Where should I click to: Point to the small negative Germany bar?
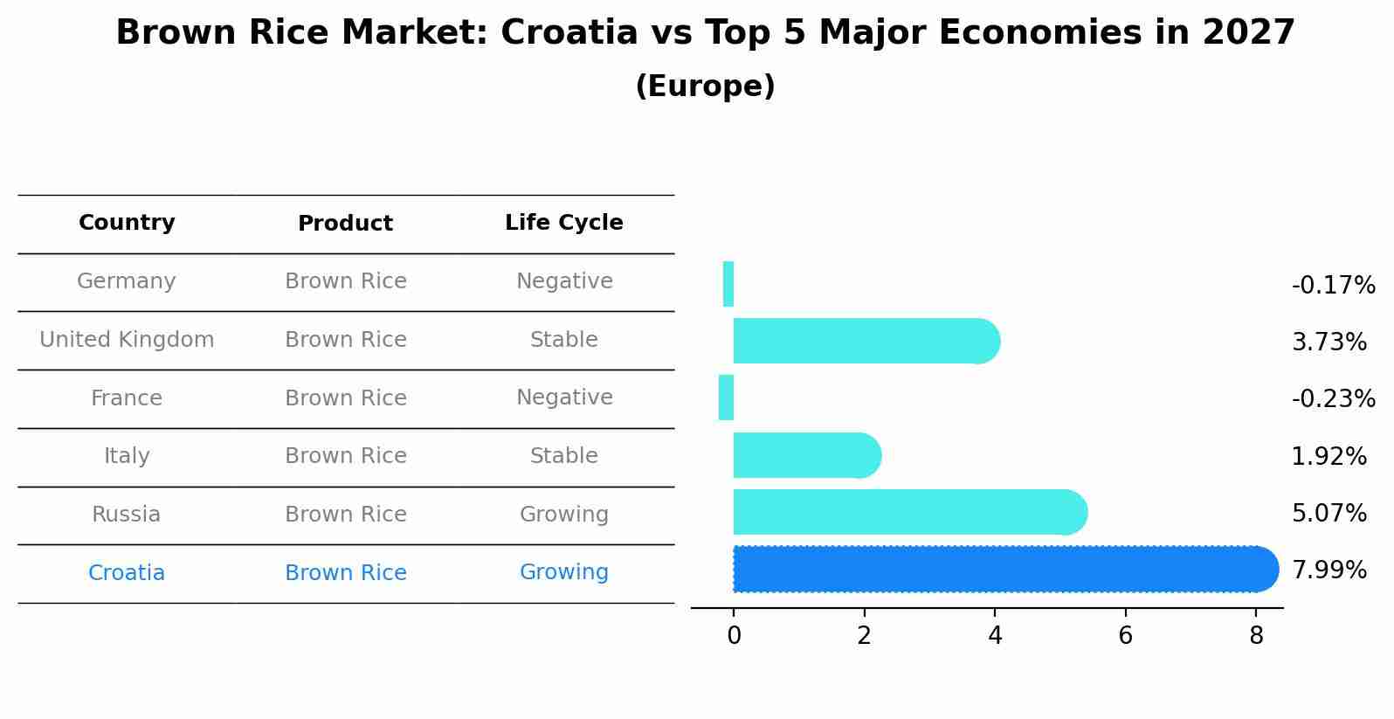click(x=728, y=284)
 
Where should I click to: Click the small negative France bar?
click(x=726, y=398)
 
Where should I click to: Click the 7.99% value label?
click(x=1328, y=570)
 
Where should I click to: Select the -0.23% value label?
click(x=1333, y=399)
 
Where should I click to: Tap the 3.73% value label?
click(x=1328, y=342)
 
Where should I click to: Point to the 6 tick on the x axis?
click(x=1125, y=636)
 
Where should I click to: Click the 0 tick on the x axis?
click(x=734, y=636)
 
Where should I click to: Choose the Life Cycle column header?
click(x=564, y=224)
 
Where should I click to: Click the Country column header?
click(x=127, y=224)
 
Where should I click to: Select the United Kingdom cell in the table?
click(x=127, y=340)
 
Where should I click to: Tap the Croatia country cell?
click(x=127, y=573)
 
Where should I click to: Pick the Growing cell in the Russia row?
click(x=564, y=515)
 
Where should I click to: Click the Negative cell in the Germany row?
click(x=564, y=281)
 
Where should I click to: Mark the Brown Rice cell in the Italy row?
click(x=346, y=456)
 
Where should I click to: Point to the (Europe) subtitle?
click(x=705, y=86)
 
